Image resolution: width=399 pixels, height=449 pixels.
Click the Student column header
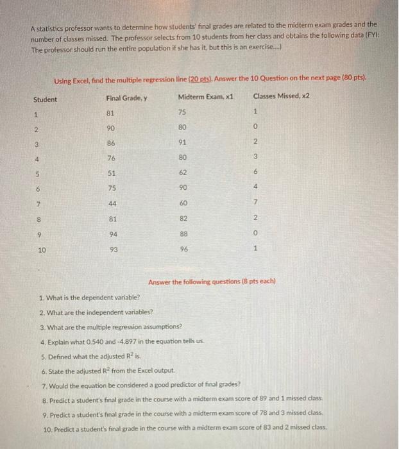coord(45,99)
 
